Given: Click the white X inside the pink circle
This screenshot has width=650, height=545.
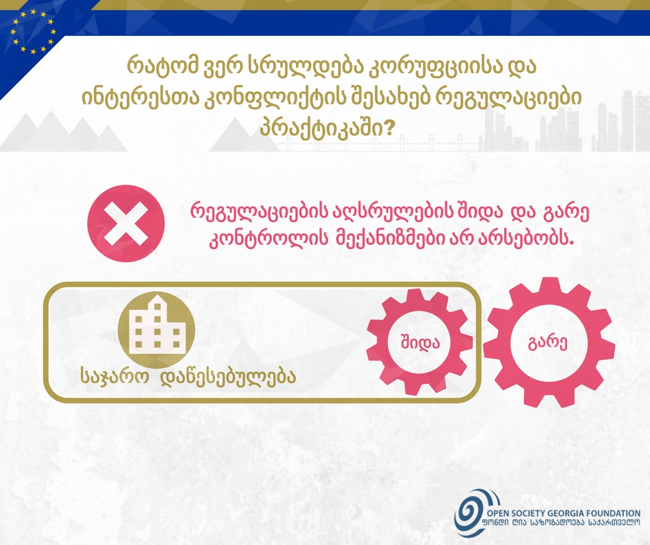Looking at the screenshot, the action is pyautogui.click(x=126, y=223).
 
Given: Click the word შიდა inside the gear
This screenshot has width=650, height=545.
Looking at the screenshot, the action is pyautogui.click(x=420, y=342).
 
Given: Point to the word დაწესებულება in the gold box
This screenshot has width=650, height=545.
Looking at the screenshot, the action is pyautogui.click(x=228, y=376).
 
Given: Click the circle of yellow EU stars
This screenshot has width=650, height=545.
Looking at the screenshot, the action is pyautogui.click(x=33, y=33).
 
